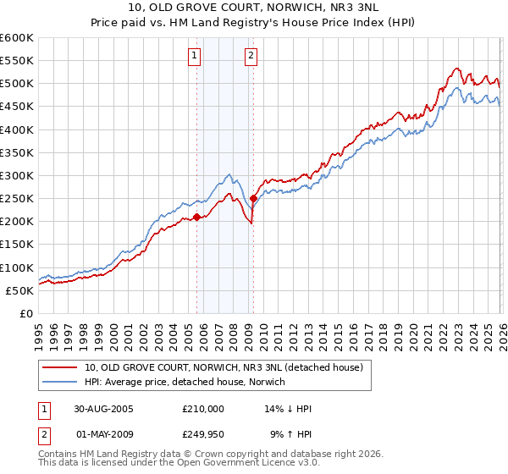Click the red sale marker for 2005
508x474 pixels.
tap(197, 217)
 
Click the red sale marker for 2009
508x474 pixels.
tap(253, 199)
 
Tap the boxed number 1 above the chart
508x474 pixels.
tap(195, 57)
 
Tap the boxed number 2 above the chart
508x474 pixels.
tap(251, 57)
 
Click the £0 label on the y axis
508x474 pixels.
tap(28, 313)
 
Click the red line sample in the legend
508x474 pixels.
tap(61, 367)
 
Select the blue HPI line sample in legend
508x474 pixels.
tap(61, 382)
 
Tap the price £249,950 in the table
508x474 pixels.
tap(203, 435)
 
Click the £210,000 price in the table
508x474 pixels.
tap(203, 409)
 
